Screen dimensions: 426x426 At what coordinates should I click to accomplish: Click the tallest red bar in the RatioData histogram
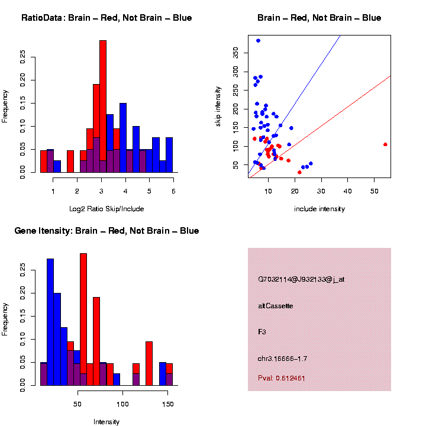[x=103, y=106]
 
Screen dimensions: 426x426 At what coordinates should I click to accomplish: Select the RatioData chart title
[x=106, y=18]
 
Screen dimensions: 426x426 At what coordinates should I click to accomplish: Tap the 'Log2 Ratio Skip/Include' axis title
[x=106, y=209]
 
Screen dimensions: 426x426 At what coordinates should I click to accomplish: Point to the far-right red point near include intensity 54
[x=385, y=144]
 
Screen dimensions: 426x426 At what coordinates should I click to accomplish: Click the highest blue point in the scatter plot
[x=258, y=40]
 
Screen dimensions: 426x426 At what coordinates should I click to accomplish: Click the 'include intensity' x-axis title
[x=319, y=209]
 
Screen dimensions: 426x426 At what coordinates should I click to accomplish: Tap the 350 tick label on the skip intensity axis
[x=237, y=54]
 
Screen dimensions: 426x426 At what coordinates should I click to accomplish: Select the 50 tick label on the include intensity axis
[x=374, y=191]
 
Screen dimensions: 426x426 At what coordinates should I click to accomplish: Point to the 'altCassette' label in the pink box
[x=276, y=306]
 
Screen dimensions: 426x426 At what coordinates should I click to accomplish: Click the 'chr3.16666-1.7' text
[x=283, y=359]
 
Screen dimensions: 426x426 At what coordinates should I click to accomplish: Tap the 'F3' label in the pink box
[x=262, y=333]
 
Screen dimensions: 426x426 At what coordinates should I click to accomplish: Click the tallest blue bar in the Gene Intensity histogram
[x=50, y=319]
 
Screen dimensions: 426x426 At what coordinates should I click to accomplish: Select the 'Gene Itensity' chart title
[x=106, y=231]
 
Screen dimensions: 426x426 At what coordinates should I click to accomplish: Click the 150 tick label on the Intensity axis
[x=168, y=404]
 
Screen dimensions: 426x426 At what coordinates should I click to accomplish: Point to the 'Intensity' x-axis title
[x=106, y=422]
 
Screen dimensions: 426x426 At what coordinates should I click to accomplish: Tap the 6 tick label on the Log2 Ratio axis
[x=173, y=191]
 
